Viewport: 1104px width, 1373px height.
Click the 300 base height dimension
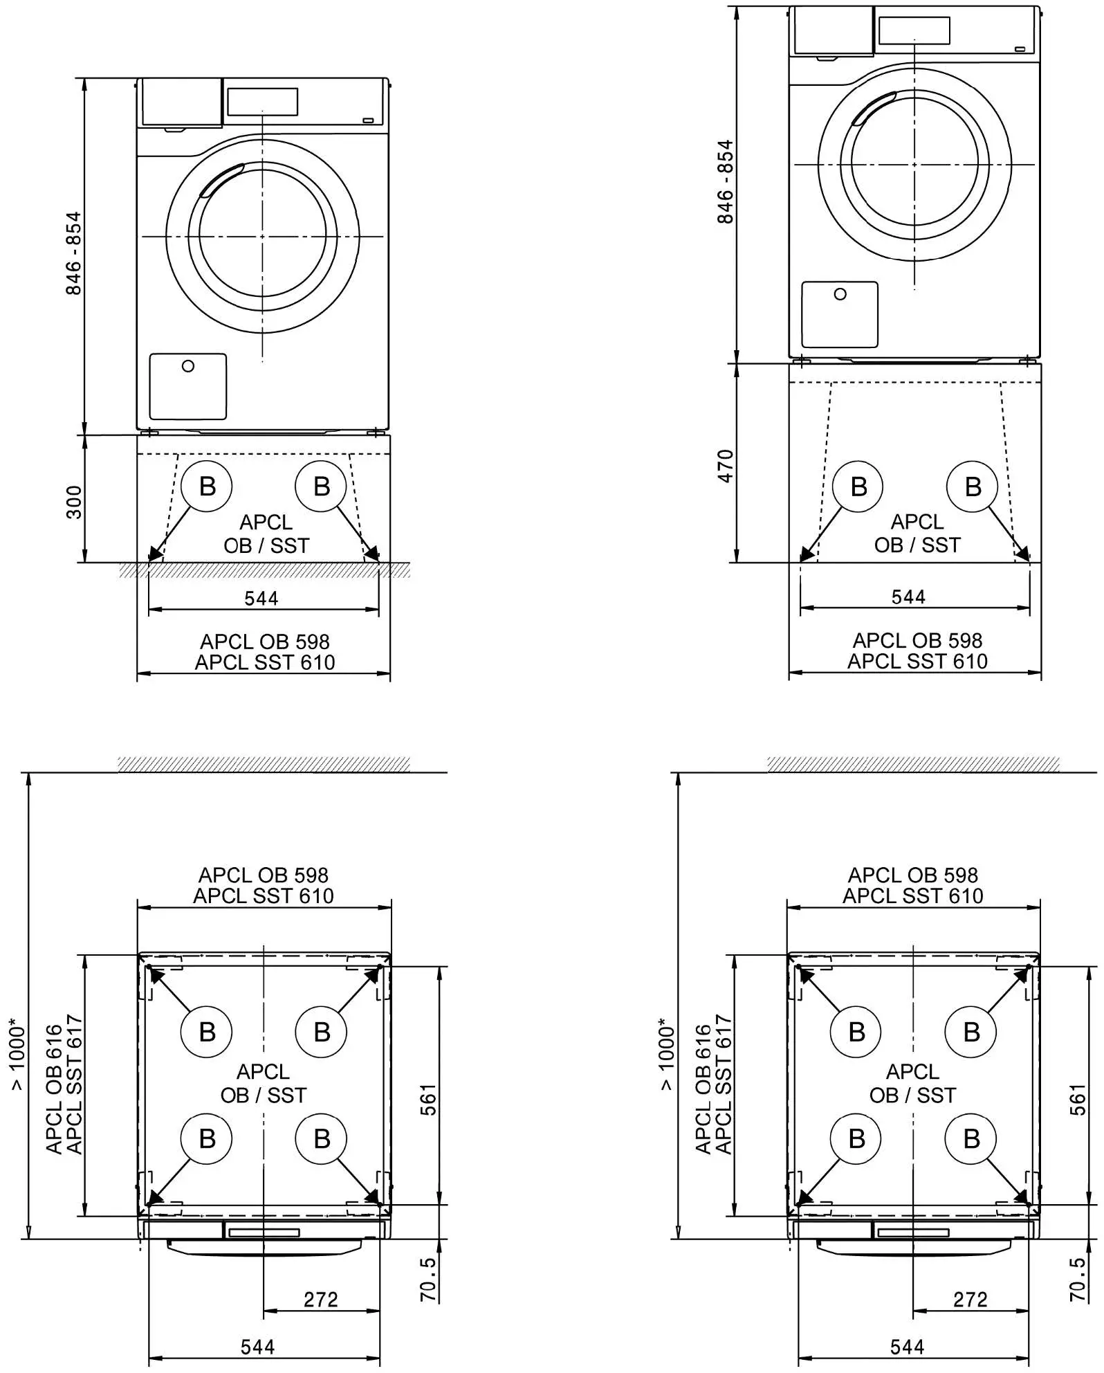74,502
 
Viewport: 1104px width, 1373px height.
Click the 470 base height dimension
725,466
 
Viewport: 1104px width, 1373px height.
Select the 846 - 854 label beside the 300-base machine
73,253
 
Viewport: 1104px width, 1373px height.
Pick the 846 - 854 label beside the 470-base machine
725,182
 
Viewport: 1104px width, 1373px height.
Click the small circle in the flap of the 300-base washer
188,366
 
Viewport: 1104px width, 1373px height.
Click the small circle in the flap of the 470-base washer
840,294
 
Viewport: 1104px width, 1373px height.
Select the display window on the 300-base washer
262,102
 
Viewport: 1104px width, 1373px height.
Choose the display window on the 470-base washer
914,30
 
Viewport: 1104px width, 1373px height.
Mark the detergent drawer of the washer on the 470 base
833,31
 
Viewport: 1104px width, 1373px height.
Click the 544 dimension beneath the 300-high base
261,598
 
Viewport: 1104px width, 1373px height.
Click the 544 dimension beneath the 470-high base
908,597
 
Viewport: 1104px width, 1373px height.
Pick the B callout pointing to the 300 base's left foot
207,487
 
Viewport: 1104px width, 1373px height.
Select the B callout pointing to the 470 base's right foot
973,487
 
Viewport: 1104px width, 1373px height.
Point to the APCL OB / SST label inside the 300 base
266,534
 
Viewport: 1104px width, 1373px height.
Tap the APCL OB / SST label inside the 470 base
917,534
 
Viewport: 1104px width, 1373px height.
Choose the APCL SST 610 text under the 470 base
917,662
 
